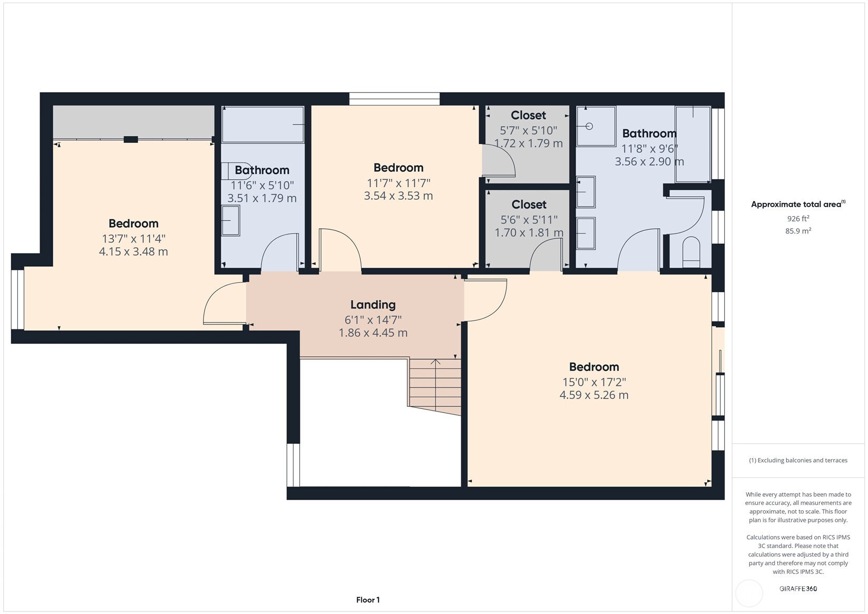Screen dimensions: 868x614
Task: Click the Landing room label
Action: point(373,305)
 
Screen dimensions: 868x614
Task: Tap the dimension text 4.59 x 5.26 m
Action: point(594,395)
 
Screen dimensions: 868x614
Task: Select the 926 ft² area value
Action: point(798,219)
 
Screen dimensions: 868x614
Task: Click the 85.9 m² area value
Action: point(798,231)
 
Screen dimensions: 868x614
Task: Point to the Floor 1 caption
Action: point(368,600)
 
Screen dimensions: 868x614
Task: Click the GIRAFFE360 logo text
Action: point(798,588)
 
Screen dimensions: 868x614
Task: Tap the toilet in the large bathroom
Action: point(690,252)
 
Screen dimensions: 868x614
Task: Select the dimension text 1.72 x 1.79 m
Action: point(529,143)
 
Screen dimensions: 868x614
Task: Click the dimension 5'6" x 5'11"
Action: point(529,220)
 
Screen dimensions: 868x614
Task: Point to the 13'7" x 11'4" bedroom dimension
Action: point(133,238)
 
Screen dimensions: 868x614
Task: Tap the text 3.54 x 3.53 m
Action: point(398,196)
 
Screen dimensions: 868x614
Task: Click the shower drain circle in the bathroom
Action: point(589,126)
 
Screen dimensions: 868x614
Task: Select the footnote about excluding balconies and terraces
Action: point(798,461)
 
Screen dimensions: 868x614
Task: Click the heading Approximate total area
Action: point(798,204)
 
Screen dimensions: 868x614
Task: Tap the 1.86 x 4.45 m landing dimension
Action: point(373,333)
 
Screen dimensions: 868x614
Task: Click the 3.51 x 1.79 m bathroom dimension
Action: point(262,199)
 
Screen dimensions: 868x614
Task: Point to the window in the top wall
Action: point(395,99)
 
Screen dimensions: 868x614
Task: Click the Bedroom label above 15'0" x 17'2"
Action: point(594,367)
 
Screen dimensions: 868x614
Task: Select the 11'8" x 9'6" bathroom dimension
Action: point(649,149)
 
